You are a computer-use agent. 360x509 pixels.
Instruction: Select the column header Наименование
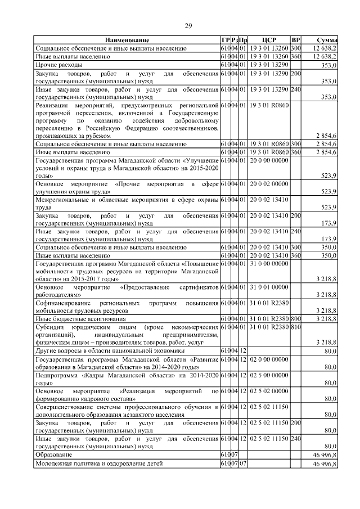[x=127, y=40]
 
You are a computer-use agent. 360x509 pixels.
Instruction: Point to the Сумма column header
[x=327, y=40]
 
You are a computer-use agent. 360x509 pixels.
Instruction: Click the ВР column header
[x=296, y=40]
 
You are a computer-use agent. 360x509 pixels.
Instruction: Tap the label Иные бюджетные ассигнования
[x=73, y=318]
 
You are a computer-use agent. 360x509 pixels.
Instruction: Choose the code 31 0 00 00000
[x=269, y=263]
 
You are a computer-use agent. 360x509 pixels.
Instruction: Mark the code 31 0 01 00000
[x=269, y=287]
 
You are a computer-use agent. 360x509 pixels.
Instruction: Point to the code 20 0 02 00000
[x=269, y=183]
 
